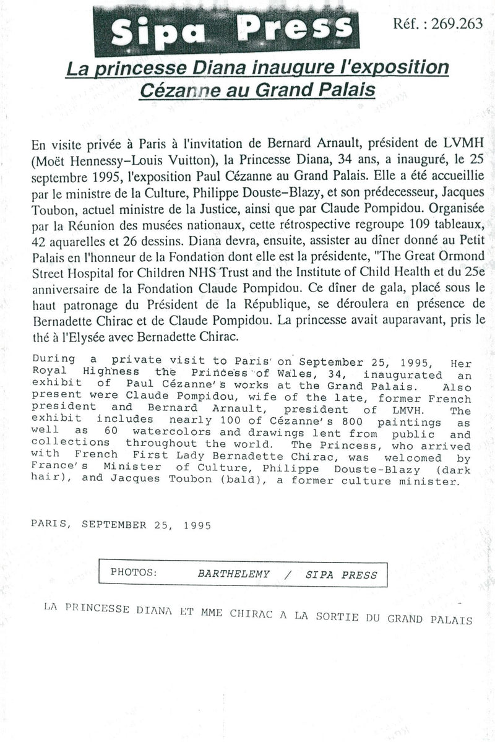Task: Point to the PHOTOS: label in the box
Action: coord(134,573)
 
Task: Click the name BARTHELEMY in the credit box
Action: coord(233,574)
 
